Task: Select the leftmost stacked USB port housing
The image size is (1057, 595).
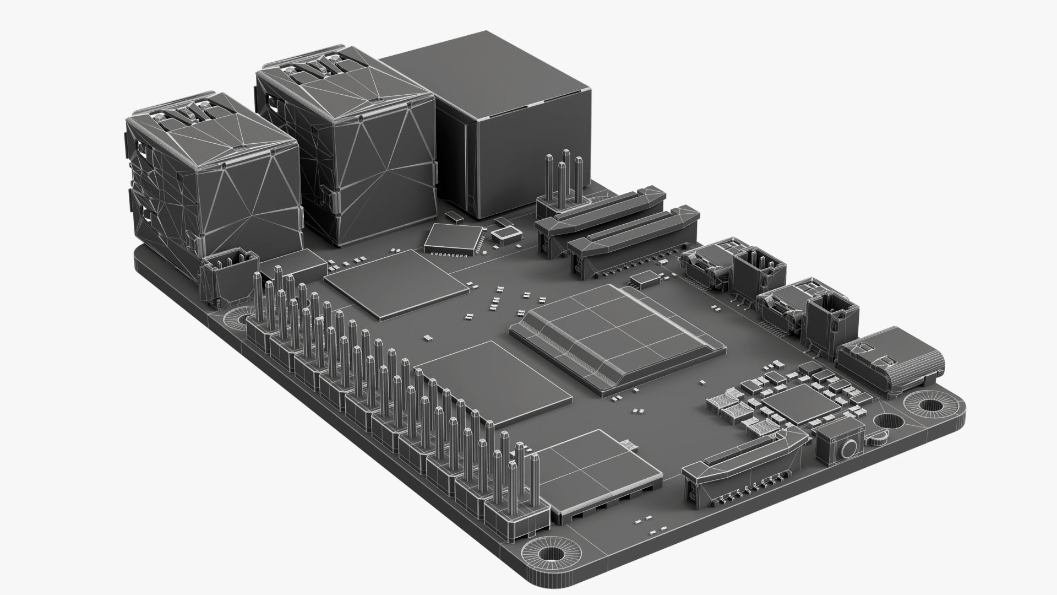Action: tap(212, 176)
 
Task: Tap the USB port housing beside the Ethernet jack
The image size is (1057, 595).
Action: tap(344, 149)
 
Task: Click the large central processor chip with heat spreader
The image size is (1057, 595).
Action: tap(617, 336)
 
